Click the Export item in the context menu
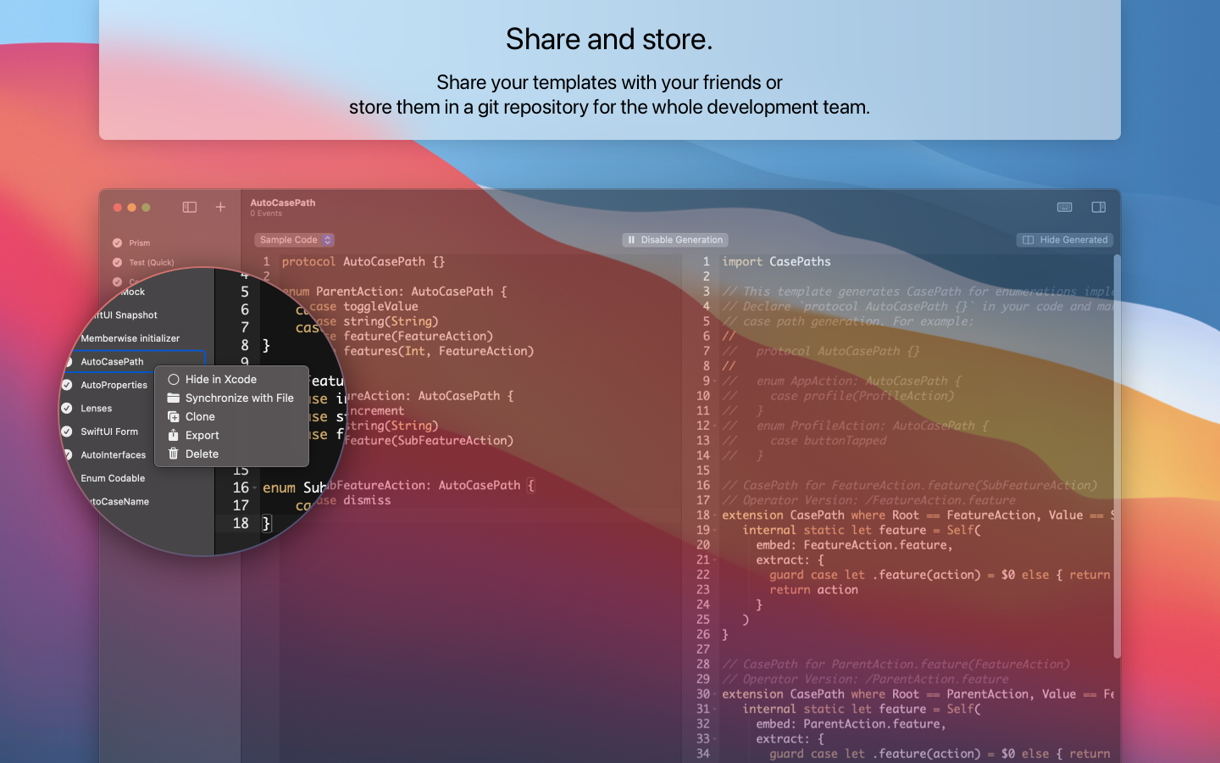click(202, 436)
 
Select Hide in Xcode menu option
click(220, 380)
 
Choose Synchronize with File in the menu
click(239, 398)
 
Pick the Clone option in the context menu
click(200, 417)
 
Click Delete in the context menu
click(202, 454)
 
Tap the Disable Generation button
click(675, 240)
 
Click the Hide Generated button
click(1065, 240)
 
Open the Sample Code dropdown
click(294, 240)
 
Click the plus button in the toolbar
click(220, 207)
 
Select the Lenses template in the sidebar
click(97, 409)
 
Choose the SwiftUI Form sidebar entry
click(109, 432)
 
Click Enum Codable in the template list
click(113, 478)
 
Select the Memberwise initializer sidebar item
click(130, 338)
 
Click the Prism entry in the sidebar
click(139, 243)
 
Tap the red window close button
click(118, 208)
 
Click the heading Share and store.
click(609, 39)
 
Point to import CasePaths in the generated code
click(776, 262)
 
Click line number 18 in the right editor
click(703, 515)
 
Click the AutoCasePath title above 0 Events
click(283, 203)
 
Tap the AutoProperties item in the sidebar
click(114, 385)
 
